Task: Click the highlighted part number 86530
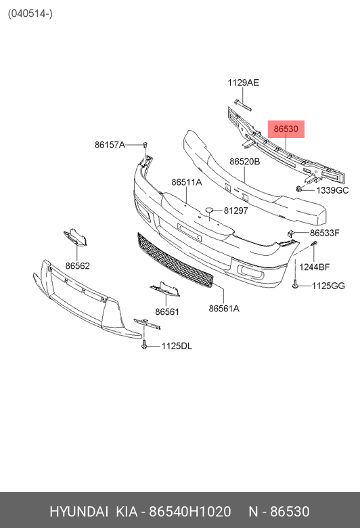286,129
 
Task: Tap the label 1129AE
243,83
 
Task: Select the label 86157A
110,145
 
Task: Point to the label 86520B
244,162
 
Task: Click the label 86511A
187,182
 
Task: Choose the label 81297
235,211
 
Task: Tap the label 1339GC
332,191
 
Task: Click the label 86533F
325,233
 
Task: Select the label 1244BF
315,267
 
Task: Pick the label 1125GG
328,286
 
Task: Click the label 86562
77,266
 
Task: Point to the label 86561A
224,309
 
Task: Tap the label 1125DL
177,346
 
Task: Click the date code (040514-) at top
30,14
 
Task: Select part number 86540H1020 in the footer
190,512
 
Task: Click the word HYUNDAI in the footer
78,512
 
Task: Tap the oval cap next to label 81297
209,210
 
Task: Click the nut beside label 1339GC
298,189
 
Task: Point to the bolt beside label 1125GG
295,283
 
